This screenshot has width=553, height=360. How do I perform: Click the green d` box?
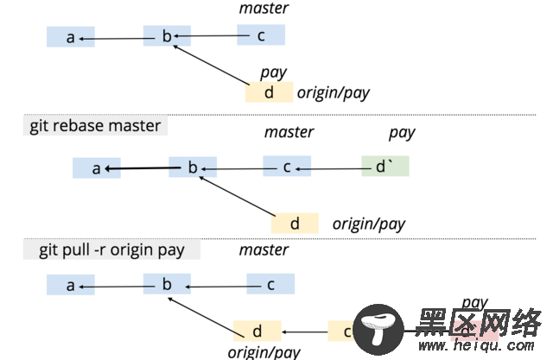pos(385,167)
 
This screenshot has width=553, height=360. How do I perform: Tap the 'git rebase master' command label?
pos(95,126)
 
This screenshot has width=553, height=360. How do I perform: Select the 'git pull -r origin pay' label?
pos(111,250)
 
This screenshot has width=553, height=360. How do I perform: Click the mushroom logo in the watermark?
pos(378,329)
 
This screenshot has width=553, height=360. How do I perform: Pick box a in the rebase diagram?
pos(96,167)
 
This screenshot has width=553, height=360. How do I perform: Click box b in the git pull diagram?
pos(168,284)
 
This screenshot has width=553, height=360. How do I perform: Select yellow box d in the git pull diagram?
pos(257,331)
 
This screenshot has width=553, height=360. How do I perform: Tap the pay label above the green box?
pos(402,132)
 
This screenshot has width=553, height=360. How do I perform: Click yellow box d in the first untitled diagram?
pos(269,92)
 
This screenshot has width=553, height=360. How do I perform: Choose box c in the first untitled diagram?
pos(261,35)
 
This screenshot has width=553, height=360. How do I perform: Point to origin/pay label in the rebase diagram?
pos(368,224)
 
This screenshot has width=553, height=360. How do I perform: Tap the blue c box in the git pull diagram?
pos(270,284)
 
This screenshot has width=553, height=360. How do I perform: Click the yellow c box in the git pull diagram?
pos(343,331)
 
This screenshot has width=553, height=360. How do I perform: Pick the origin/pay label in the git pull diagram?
pos(264,351)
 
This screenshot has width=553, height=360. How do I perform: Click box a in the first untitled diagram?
pos(70,37)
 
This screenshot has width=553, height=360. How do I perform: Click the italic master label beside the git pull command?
pos(264,249)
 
